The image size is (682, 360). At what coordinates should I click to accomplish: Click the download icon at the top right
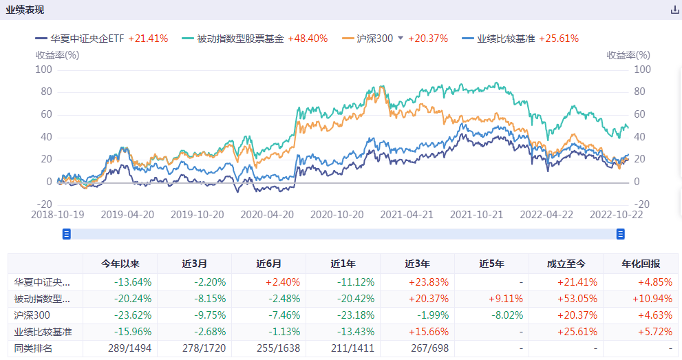click(674, 10)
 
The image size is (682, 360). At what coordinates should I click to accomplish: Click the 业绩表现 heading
click(25, 10)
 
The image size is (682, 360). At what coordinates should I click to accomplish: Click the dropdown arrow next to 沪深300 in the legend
click(401, 39)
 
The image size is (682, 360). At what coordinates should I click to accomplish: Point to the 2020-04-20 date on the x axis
click(267, 214)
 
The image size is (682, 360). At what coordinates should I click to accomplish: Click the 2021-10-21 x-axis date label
click(476, 214)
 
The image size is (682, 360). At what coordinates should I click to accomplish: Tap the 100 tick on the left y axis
click(43, 70)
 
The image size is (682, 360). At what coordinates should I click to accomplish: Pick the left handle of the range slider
click(67, 234)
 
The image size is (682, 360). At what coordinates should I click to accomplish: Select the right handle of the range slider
click(621, 234)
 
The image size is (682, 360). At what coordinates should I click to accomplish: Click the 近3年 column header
click(417, 264)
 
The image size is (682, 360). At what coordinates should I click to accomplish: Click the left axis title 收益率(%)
click(58, 55)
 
